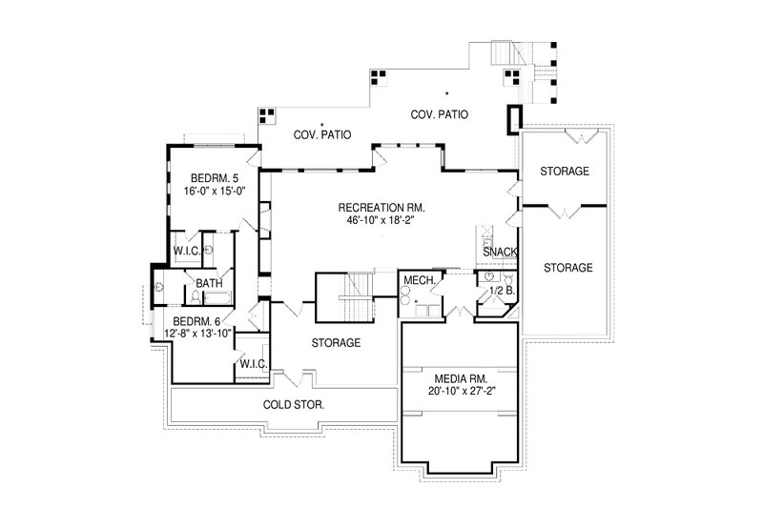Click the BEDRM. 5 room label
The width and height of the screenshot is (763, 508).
[209, 177]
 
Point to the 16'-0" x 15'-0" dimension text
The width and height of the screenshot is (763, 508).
[209, 190]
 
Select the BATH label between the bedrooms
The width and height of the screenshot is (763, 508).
[209, 283]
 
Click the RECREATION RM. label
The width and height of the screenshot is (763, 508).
[381, 207]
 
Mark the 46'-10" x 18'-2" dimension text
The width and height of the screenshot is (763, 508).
[381, 219]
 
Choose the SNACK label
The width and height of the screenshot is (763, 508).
[501, 252]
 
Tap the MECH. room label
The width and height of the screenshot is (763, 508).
[420, 280]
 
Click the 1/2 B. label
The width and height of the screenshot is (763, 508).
[502, 290]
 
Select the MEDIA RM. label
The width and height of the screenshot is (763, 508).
[460, 376]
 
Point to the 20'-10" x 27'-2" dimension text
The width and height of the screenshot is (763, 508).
[460, 389]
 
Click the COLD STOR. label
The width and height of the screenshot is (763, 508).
[294, 404]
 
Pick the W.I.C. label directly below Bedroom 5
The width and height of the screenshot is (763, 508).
[186, 252]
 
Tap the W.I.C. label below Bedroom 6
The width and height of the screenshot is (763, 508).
[253, 364]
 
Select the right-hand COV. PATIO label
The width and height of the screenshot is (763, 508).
[441, 114]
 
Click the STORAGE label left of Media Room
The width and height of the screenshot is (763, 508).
[335, 342]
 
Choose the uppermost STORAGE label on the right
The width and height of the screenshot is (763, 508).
[564, 172]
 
